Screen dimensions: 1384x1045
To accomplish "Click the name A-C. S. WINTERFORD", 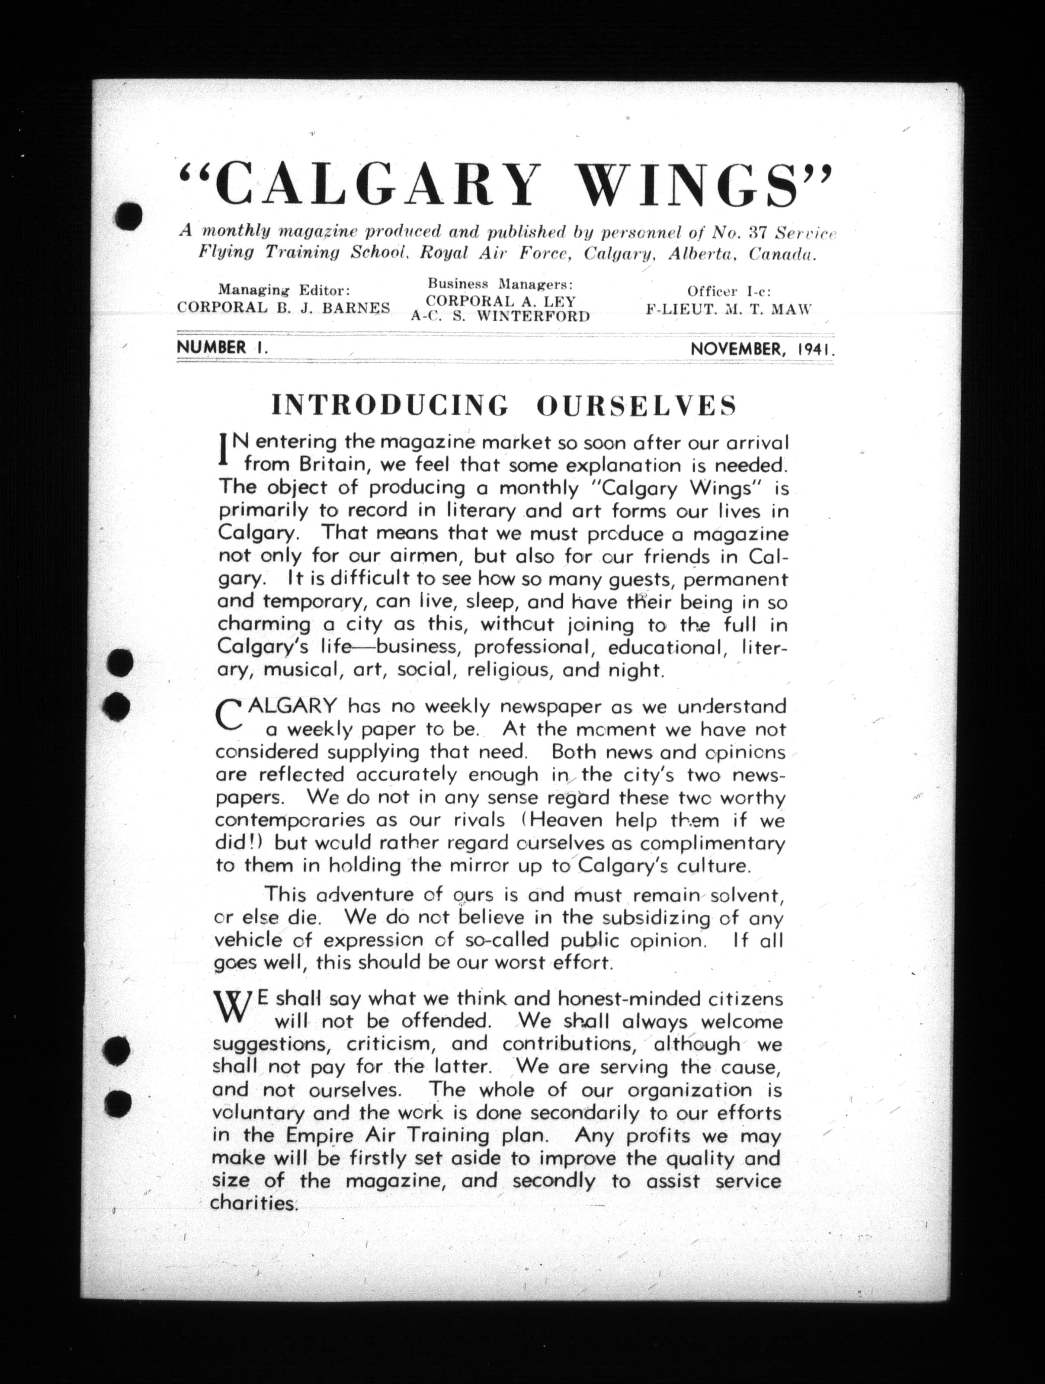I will [x=500, y=317].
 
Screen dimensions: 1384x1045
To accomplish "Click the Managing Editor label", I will [x=283, y=290].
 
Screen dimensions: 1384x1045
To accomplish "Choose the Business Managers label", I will [x=500, y=284].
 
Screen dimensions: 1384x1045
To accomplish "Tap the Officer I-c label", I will [x=729, y=291].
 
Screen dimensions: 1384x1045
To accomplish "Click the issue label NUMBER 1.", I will [x=222, y=347].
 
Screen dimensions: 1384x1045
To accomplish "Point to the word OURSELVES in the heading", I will [x=636, y=406].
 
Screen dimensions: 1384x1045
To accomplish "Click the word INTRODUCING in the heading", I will [x=389, y=406].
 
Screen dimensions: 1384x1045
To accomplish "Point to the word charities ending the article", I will [x=253, y=1204].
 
